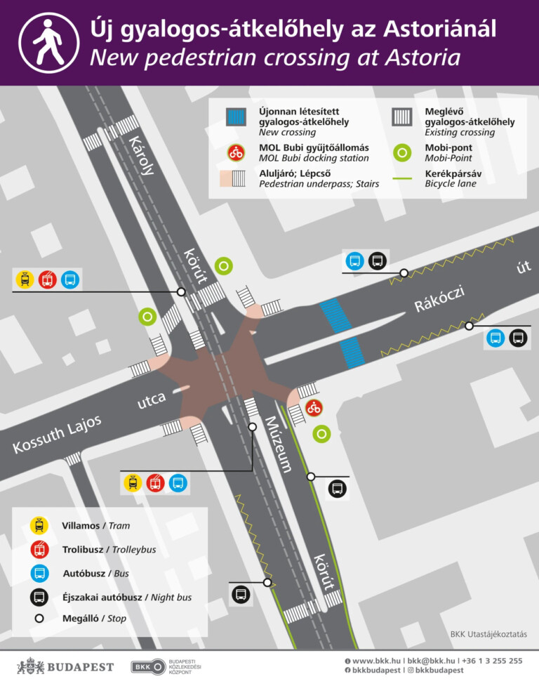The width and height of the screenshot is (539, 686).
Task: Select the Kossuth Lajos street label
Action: tap(58, 435)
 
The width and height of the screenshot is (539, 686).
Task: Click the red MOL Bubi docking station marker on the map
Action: tap(314, 407)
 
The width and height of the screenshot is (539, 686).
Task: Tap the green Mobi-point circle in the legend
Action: tap(402, 152)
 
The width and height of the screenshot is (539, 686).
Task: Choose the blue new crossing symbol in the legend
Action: tap(236, 117)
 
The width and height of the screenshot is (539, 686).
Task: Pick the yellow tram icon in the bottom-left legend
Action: tap(39, 525)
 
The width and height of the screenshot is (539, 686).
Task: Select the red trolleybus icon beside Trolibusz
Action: tap(39, 549)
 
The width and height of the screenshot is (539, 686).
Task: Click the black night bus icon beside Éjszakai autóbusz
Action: tap(39, 598)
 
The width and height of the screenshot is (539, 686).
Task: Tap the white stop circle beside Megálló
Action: tap(39, 619)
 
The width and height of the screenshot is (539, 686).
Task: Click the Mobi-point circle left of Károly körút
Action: tap(147, 317)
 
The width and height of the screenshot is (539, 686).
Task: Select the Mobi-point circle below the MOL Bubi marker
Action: tap(321, 434)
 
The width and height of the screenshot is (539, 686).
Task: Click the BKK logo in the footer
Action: tap(148, 666)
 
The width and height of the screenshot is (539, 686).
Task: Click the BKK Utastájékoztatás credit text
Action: tap(488, 634)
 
